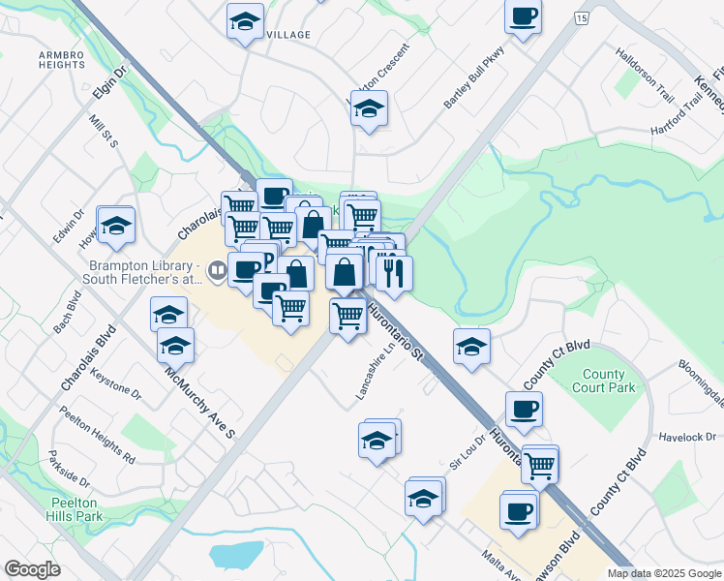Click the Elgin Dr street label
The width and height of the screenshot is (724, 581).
(x=110, y=84)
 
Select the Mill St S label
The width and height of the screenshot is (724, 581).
(x=103, y=131)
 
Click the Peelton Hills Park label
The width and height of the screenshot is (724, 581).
(x=74, y=510)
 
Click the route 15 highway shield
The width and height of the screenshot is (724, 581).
(x=581, y=18)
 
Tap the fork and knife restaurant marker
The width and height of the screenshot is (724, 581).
(x=393, y=273)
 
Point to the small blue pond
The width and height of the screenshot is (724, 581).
(x=236, y=555)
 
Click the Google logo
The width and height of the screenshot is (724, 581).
(x=32, y=569)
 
